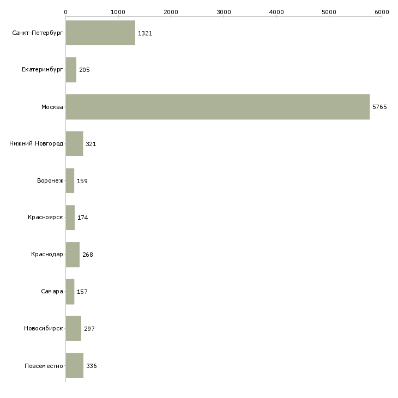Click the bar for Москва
(x=218, y=107)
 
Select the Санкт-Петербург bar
(x=100, y=33)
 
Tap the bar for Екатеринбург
(x=71, y=70)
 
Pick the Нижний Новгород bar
(x=74, y=144)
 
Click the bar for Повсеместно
(x=75, y=365)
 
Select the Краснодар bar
(x=73, y=255)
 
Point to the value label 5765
(x=379, y=107)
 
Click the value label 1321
(x=145, y=33)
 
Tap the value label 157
(x=82, y=292)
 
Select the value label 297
(x=90, y=329)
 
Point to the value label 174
(x=83, y=218)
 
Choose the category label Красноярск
(x=45, y=218)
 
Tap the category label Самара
(x=52, y=292)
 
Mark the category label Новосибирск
(x=43, y=329)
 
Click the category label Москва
(x=52, y=107)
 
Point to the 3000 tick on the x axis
(x=224, y=11)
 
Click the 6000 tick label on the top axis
(x=382, y=11)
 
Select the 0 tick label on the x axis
(x=65, y=11)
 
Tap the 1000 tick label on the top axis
(x=118, y=11)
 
